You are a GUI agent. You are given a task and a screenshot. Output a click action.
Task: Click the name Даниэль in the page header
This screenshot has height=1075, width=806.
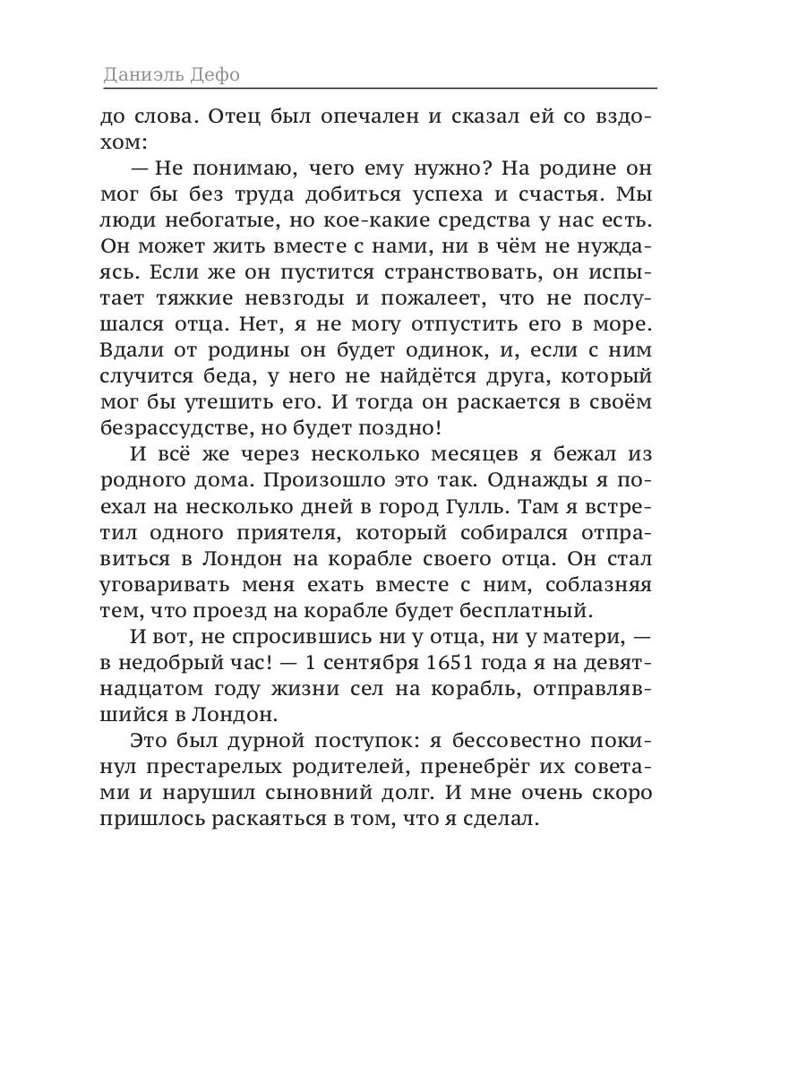(143, 74)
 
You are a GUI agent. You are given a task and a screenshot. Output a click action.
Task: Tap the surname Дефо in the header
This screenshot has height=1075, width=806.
(216, 74)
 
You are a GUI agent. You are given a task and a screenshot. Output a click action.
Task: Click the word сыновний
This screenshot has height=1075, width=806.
(355, 794)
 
